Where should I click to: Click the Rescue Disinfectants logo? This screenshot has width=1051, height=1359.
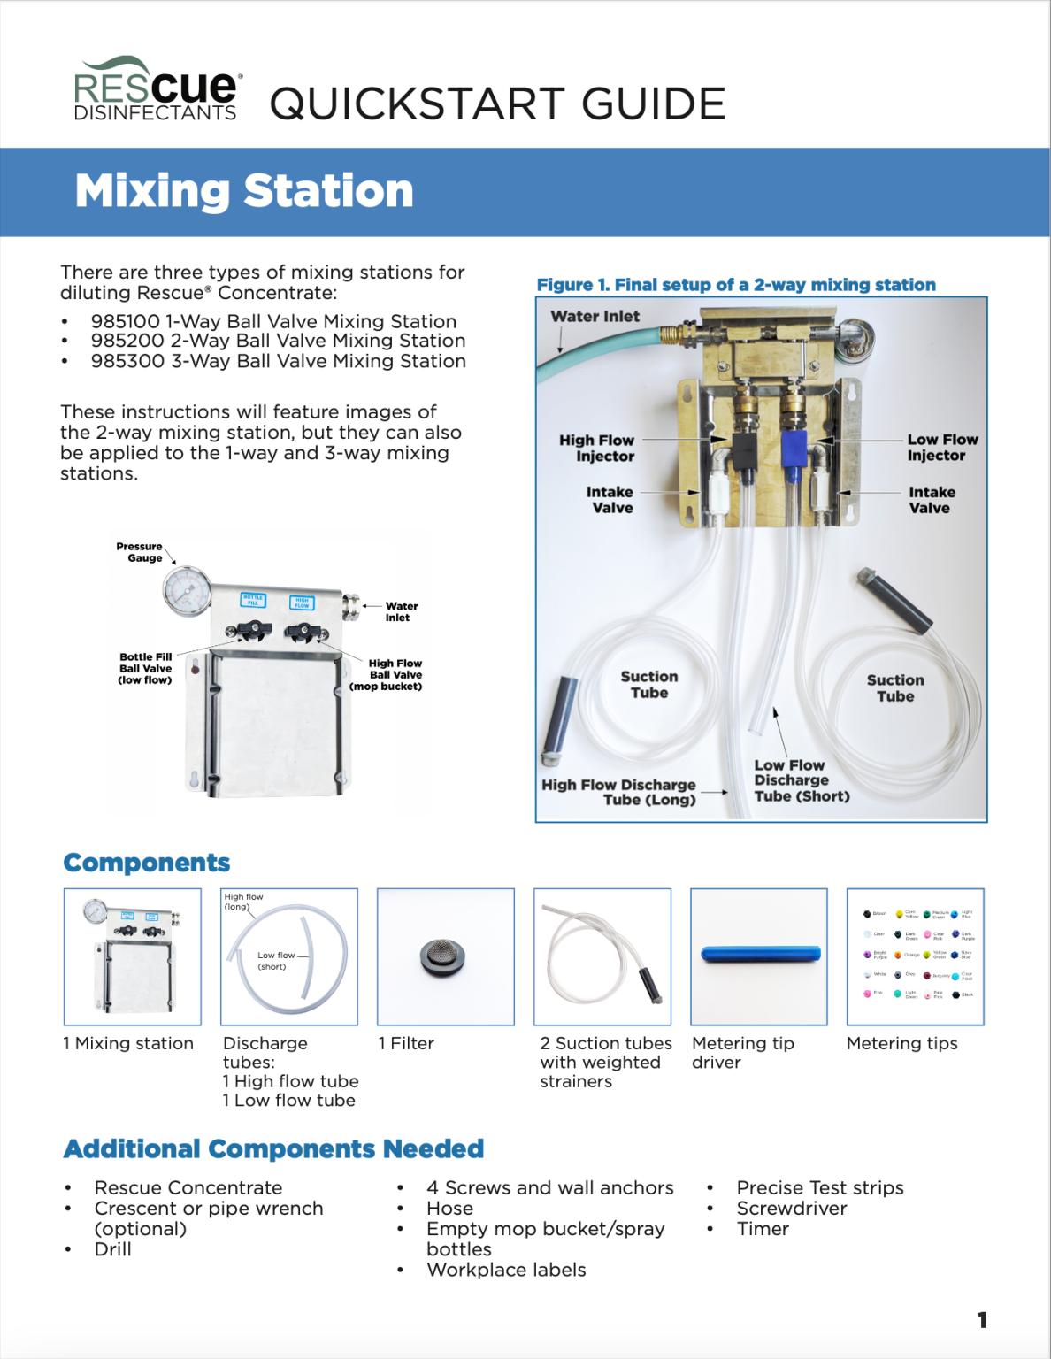tap(157, 90)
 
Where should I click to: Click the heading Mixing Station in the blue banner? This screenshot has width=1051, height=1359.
tap(244, 191)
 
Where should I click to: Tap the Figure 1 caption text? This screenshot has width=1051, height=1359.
tap(735, 285)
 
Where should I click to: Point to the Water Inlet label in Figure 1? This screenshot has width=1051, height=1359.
tap(595, 317)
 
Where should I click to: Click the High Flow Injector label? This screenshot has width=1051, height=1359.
tap(597, 448)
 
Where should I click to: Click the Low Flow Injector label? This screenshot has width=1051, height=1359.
tap(941, 448)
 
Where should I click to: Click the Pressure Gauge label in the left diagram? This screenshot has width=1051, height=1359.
tap(140, 552)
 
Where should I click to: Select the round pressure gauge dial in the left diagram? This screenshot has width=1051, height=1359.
tap(187, 591)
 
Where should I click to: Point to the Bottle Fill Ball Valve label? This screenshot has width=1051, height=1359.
tap(145, 669)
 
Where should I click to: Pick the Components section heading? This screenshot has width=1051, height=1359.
tap(147, 863)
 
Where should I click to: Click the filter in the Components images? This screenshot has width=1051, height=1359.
tap(443, 957)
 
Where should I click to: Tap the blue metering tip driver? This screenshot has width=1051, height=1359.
tap(760, 954)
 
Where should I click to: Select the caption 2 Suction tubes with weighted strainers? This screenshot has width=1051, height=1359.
tap(605, 1062)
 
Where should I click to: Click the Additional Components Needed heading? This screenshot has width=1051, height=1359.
tap(273, 1148)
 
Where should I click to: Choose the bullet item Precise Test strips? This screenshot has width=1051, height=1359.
tap(819, 1187)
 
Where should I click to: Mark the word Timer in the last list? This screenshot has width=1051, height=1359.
tap(763, 1229)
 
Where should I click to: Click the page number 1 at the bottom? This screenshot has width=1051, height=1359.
tap(982, 1320)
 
